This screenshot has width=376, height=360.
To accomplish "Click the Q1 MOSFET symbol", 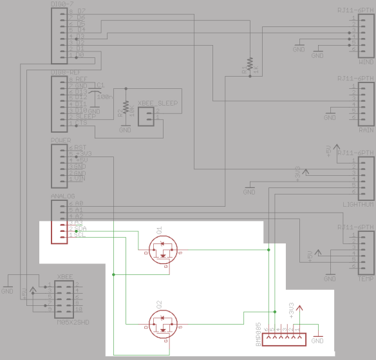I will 162,249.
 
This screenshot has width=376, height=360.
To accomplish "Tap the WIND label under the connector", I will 366,63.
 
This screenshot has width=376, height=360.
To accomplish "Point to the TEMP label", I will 366,279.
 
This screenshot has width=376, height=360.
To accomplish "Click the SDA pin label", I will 82,229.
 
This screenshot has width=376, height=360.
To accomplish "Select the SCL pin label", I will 81,235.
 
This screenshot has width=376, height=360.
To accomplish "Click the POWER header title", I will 61,140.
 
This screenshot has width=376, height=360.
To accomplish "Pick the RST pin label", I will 80,147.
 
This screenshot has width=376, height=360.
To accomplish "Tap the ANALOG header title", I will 62,196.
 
